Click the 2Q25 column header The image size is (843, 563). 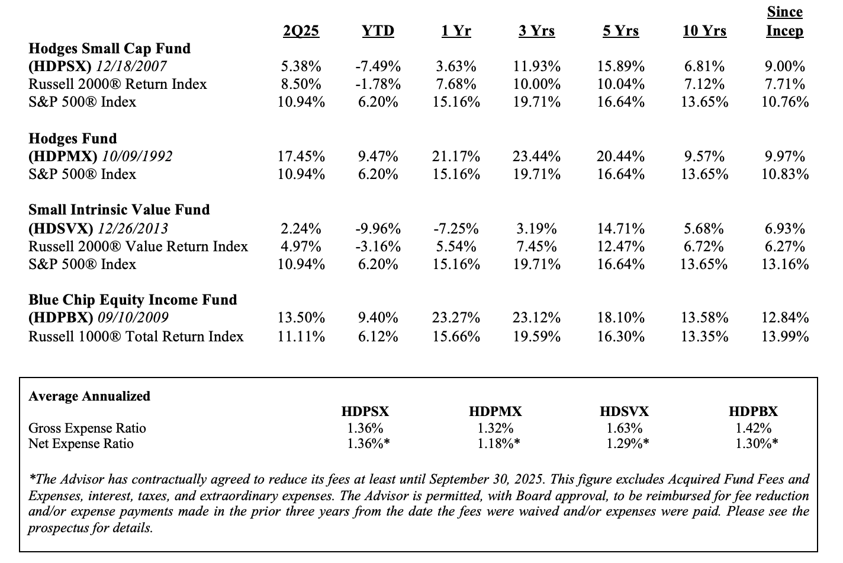[301, 31]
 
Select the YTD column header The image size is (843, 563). [378, 31]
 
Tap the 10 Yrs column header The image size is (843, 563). [704, 31]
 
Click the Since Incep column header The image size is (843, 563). [784, 21]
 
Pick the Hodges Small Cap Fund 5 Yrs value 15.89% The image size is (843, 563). [621, 66]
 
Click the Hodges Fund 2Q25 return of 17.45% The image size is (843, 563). [301, 156]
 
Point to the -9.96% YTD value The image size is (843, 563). [378, 228]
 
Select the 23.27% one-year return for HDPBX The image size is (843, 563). [456, 317]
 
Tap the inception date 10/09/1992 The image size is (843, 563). [137, 156]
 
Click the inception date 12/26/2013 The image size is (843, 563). [133, 228]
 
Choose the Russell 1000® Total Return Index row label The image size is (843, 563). [136, 336]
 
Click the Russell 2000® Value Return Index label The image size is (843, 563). [138, 247]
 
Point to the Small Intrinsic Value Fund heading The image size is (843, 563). [119, 210]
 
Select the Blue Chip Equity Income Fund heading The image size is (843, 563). [133, 300]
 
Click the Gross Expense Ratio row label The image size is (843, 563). [87, 428]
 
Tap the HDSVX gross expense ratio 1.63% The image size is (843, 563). [625, 428]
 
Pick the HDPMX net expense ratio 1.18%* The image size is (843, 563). [498, 443]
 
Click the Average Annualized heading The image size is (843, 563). [89, 396]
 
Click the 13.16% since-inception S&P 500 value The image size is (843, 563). [785, 264]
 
